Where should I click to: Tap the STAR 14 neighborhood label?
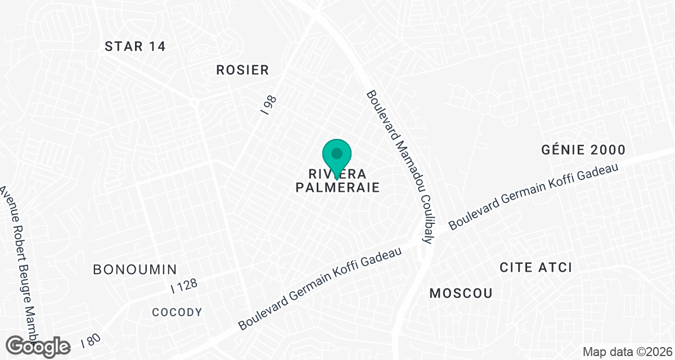click(135, 47)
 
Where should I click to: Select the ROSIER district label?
click(243, 70)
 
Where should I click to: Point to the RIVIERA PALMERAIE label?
click(337, 181)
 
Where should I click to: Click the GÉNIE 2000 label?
click(583, 150)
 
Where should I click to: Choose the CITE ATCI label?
click(535, 267)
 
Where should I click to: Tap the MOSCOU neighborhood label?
click(461, 293)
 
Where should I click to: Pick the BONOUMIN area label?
click(135, 269)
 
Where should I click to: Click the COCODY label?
click(177, 312)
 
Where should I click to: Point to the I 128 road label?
click(184, 285)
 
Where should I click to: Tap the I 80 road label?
click(91, 340)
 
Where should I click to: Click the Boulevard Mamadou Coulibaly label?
click(399, 167)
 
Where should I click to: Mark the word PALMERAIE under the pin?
click(337, 187)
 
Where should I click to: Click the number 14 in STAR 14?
click(155, 47)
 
